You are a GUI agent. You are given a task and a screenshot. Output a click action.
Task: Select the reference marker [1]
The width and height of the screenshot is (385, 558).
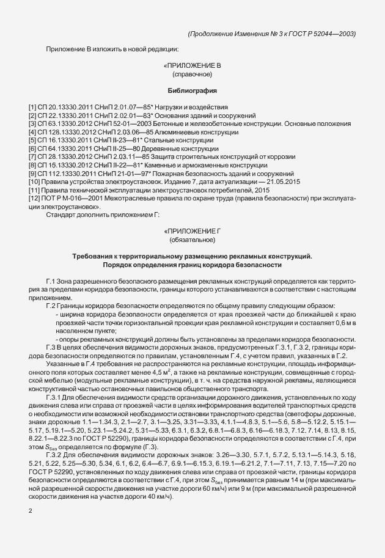(32, 107)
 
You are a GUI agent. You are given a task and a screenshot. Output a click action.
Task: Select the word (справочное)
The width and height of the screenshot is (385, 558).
(192, 74)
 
